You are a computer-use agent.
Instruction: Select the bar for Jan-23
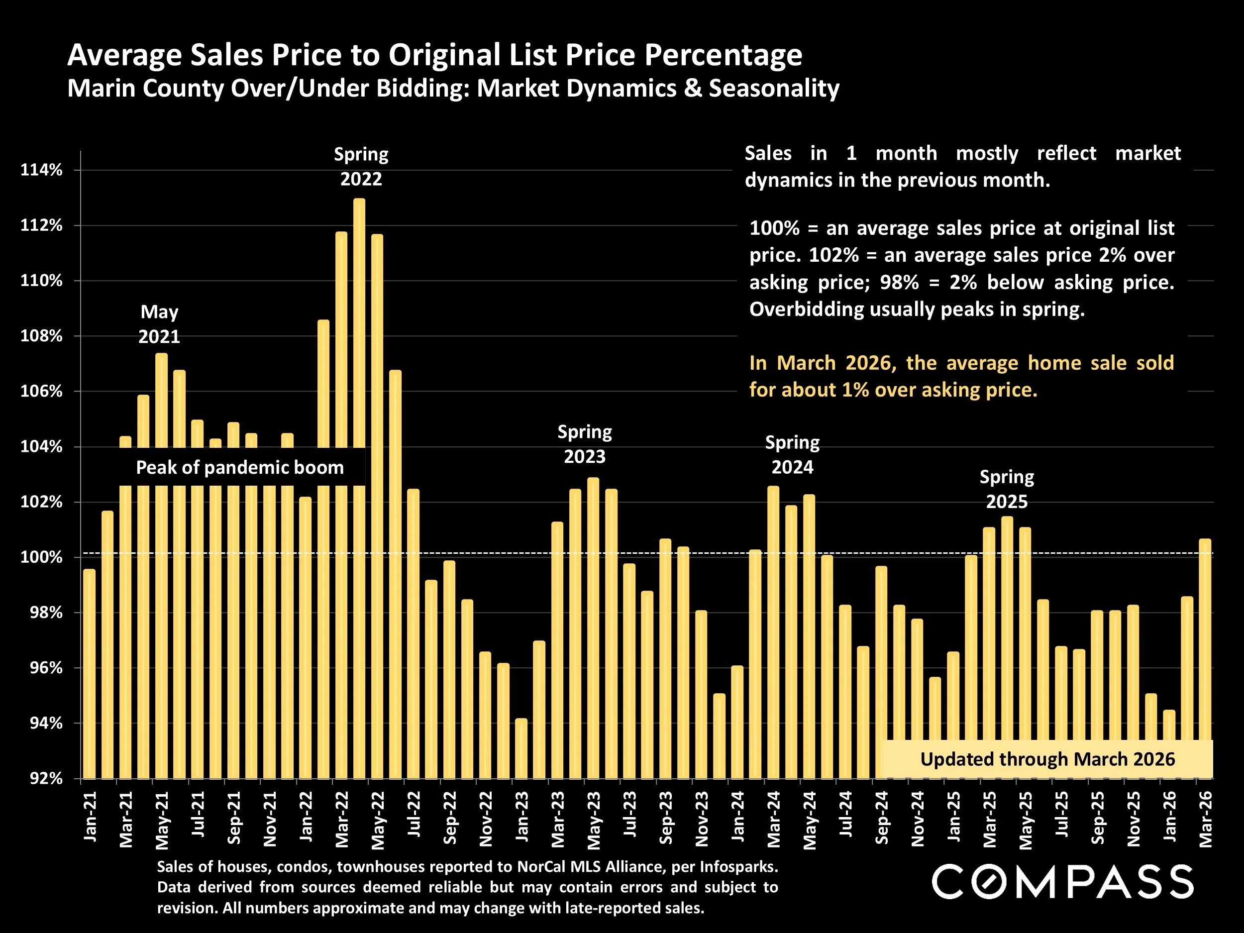(521, 748)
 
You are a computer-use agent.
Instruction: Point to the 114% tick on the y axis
(42, 170)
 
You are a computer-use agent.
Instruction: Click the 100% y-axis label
(42, 557)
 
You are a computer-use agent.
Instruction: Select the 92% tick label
(42, 778)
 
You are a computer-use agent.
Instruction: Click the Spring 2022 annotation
(361, 167)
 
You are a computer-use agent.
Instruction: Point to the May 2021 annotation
(159, 324)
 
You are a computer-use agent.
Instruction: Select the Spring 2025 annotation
(1007, 489)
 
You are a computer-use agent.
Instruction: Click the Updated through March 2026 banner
(1047, 759)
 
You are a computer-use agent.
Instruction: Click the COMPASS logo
(1062, 882)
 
